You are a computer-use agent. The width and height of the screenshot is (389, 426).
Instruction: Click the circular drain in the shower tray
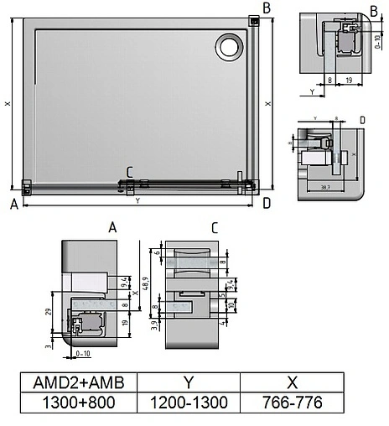click(x=227, y=47)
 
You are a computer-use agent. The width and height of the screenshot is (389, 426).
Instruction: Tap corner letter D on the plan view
click(x=266, y=203)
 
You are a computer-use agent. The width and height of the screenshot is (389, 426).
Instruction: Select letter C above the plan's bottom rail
click(x=129, y=173)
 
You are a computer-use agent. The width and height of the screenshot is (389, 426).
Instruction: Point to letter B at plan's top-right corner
click(x=266, y=8)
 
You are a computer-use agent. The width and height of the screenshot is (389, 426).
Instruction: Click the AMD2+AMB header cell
click(x=77, y=382)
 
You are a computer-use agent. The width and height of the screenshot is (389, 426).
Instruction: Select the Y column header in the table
click(x=188, y=382)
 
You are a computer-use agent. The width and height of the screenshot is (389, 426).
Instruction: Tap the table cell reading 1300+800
click(x=77, y=402)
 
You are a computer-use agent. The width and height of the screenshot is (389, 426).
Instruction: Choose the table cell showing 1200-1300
click(x=188, y=402)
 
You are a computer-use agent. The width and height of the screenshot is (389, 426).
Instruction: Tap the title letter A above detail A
click(x=112, y=227)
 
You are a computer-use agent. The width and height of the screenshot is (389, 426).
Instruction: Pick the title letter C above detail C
click(x=215, y=227)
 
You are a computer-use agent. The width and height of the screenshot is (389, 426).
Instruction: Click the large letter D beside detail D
click(x=361, y=120)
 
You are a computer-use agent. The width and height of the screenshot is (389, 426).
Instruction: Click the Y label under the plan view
click(x=137, y=201)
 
